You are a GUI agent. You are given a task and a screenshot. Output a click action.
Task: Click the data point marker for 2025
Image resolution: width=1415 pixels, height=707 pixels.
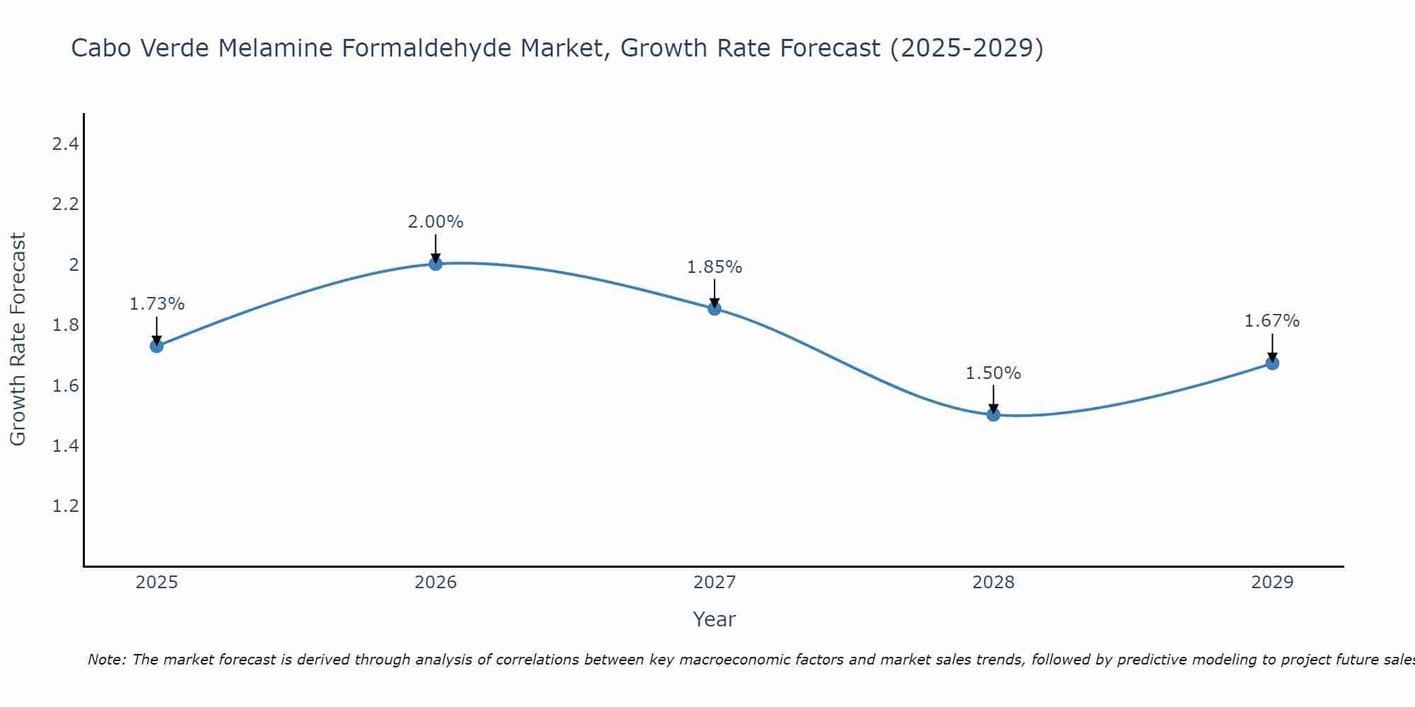coord(157,346)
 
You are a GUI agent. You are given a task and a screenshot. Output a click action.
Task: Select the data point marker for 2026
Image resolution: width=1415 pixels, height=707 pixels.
coord(436,264)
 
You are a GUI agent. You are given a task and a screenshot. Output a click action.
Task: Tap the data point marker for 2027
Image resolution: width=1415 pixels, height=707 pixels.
coord(715,309)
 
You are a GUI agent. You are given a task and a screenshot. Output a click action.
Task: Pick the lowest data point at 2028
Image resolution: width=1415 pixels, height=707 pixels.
coord(993,414)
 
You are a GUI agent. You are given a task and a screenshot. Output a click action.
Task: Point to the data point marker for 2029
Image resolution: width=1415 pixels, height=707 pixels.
coord(1272,363)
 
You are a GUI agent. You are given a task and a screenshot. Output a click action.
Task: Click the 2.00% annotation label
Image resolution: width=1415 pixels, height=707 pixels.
coord(436,222)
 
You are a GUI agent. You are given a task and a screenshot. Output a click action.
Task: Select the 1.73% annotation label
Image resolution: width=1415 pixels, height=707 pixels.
coord(157,304)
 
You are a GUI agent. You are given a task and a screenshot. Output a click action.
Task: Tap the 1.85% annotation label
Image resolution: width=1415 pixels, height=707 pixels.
coord(715,267)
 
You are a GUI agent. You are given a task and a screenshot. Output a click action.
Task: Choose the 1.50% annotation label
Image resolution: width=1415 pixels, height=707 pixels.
coord(993,373)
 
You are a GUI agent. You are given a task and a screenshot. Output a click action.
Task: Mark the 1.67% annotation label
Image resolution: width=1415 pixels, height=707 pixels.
coord(1272,321)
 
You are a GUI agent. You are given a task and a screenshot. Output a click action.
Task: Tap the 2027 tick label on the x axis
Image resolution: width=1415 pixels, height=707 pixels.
coord(715,583)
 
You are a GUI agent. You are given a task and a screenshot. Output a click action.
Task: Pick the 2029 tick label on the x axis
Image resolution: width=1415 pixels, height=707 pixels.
coord(1272,583)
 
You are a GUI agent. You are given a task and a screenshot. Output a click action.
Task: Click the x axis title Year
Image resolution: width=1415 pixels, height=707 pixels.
coord(715,619)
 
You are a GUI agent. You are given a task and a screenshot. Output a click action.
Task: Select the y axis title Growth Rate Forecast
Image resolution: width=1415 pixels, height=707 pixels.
coord(18,339)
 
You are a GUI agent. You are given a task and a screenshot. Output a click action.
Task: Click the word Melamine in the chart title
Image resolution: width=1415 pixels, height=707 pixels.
coord(276,48)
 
